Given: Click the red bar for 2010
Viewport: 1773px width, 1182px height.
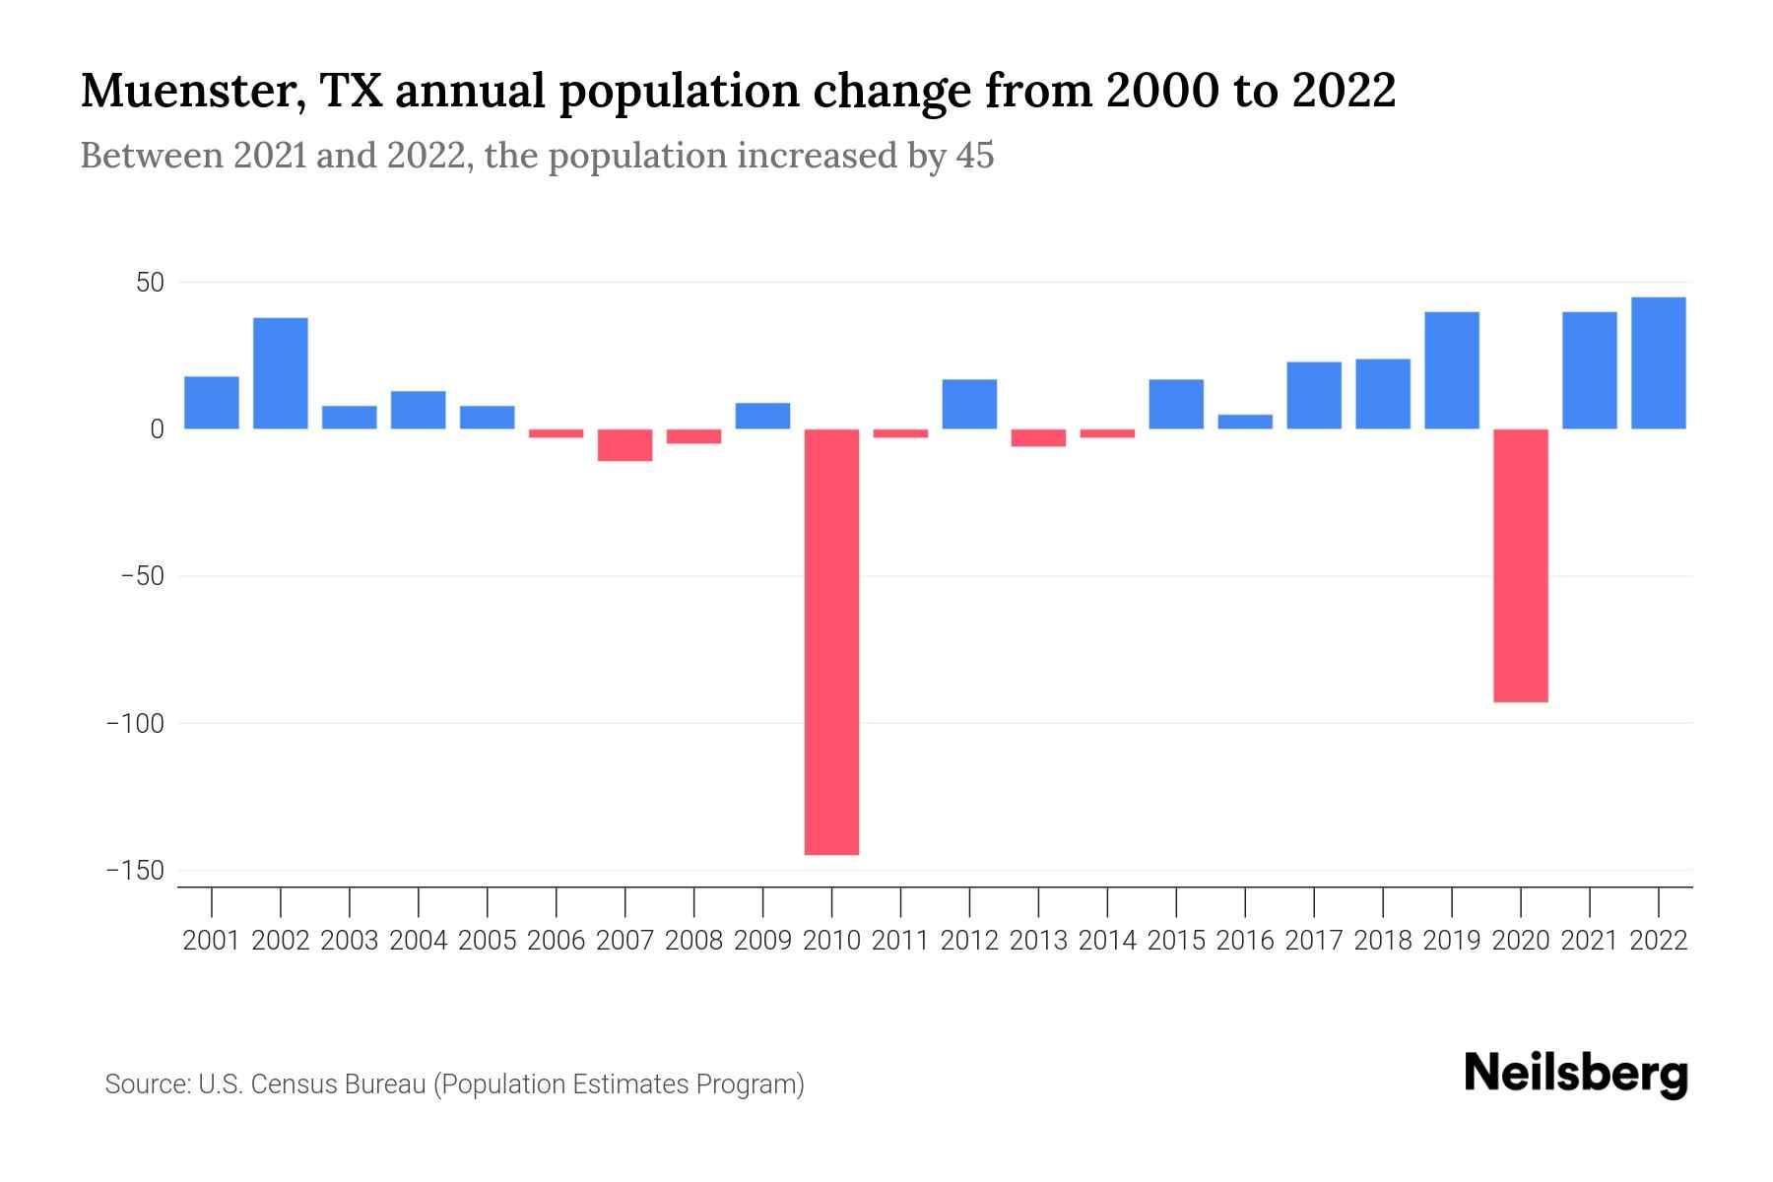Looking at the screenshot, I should click(831, 640).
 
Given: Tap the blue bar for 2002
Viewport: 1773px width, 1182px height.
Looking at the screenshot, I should click(281, 373).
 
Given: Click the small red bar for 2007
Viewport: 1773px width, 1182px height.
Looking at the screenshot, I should click(624, 445).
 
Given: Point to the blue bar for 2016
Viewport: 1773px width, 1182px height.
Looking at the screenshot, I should click(1245, 422).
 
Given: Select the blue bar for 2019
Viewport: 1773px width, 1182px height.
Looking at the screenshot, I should click(1451, 370).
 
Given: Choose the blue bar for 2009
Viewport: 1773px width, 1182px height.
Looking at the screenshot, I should click(762, 416).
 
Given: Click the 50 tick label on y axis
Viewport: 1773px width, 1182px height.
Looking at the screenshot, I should click(150, 284).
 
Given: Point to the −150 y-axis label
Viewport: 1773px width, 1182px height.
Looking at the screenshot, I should click(135, 871).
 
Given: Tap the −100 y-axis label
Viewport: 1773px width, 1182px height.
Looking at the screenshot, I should click(135, 724).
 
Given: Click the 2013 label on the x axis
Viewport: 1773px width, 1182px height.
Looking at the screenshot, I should click(1038, 941).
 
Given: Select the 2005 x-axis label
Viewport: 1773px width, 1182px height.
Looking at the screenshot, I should click(487, 941).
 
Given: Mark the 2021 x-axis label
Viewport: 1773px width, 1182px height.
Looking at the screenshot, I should click(1589, 941).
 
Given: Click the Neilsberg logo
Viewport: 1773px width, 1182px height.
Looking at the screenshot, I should click(1575, 1075).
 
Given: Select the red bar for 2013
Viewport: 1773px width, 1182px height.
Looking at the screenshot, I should click(1038, 437).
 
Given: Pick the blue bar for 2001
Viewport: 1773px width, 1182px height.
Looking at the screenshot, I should click(212, 403).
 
